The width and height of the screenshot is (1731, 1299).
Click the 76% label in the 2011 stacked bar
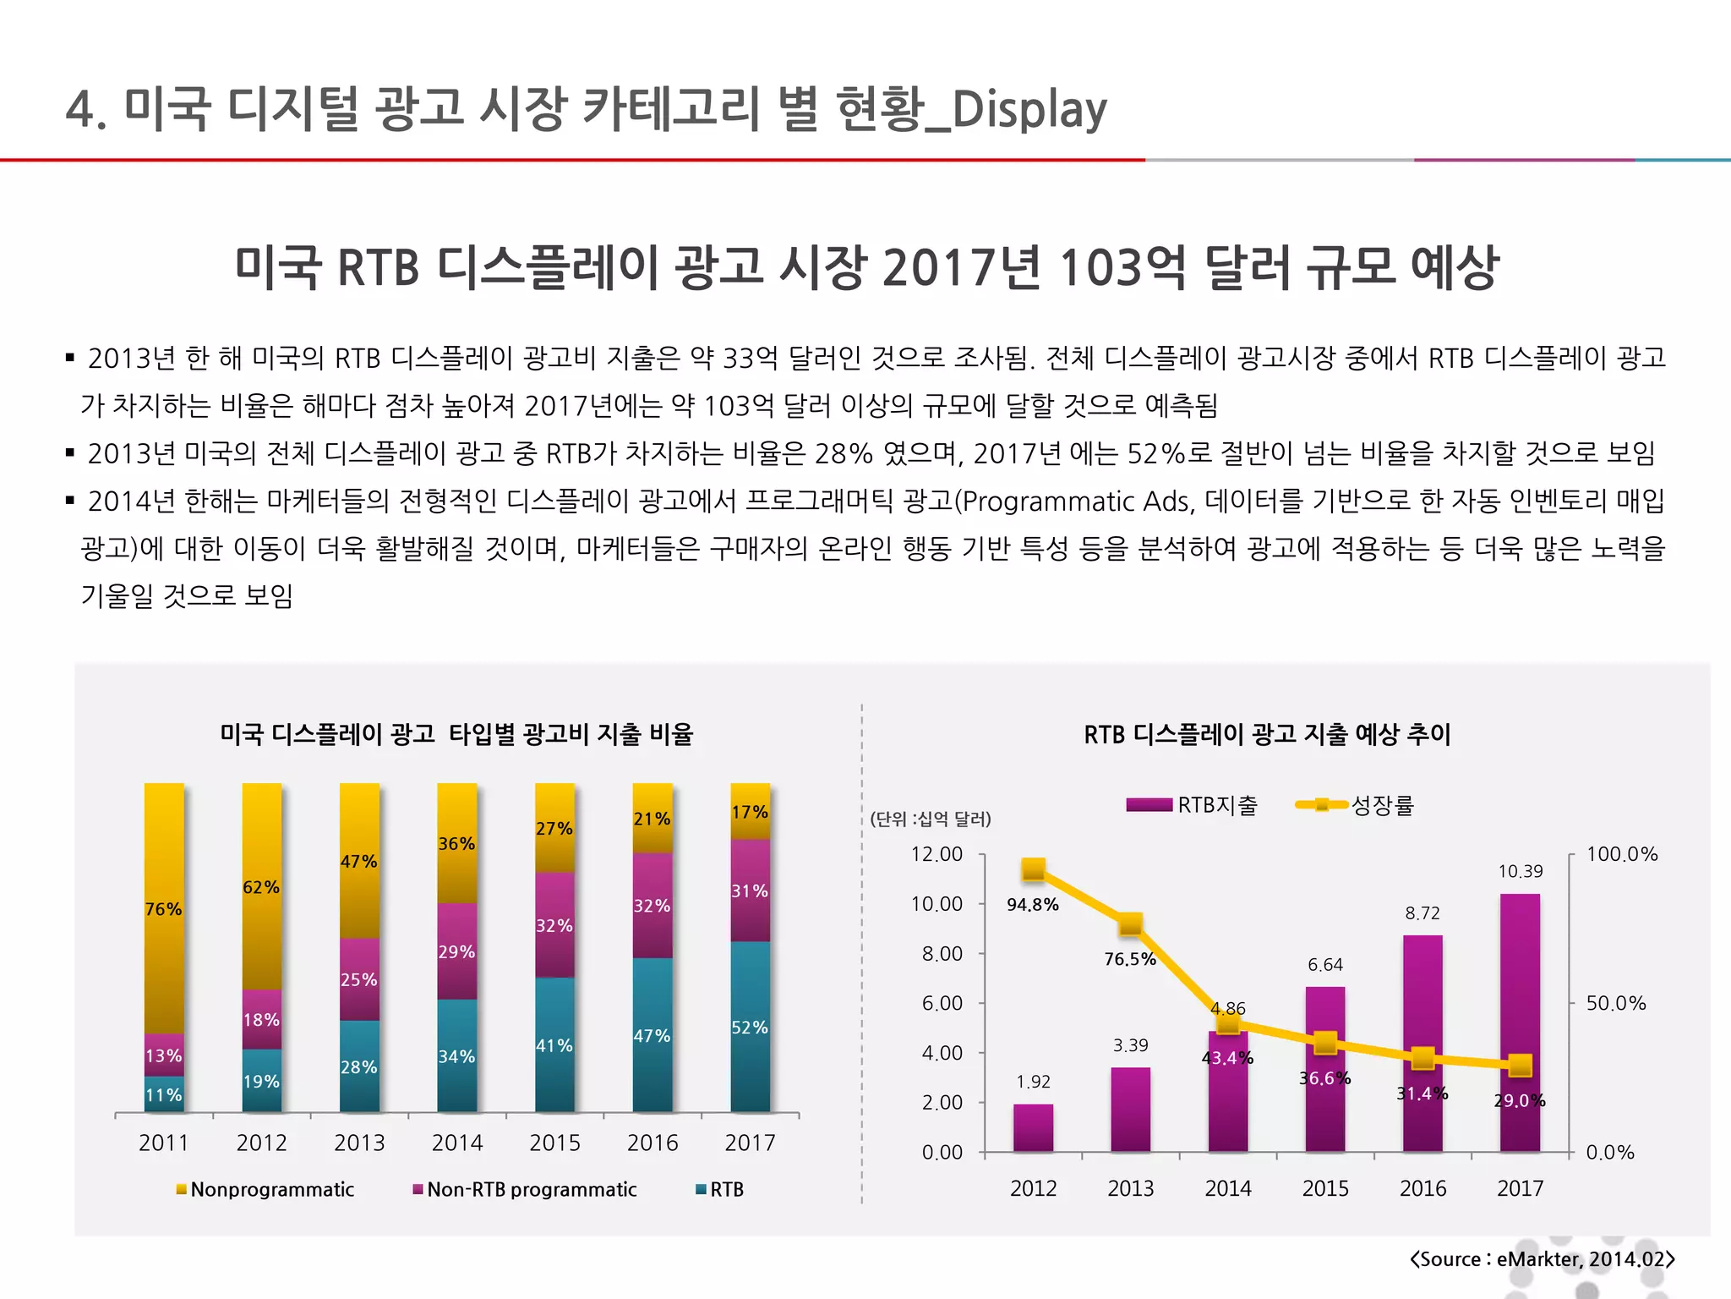tap(163, 909)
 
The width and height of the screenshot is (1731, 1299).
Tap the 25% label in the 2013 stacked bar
tap(358, 979)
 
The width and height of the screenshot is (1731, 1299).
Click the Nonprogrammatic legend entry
tap(265, 1189)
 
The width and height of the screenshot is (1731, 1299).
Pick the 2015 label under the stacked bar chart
tap(554, 1143)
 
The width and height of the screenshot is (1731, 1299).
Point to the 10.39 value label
tap(1520, 871)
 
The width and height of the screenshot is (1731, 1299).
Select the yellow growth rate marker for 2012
tap(1033, 869)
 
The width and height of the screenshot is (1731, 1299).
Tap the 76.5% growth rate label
tap(1129, 959)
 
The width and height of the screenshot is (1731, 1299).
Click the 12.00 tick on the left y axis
tap(936, 854)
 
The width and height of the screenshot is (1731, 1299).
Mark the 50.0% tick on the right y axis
tap(1615, 1003)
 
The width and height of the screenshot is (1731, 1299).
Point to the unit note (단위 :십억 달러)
tap(930, 819)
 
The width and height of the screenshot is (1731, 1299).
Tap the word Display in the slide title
tap(1029, 110)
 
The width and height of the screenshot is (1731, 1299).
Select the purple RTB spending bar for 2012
tap(1033, 1127)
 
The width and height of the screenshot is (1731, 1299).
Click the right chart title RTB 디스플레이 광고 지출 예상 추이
tap(1267, 734)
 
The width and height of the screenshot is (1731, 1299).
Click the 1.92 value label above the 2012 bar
tap(1033, 1082)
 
